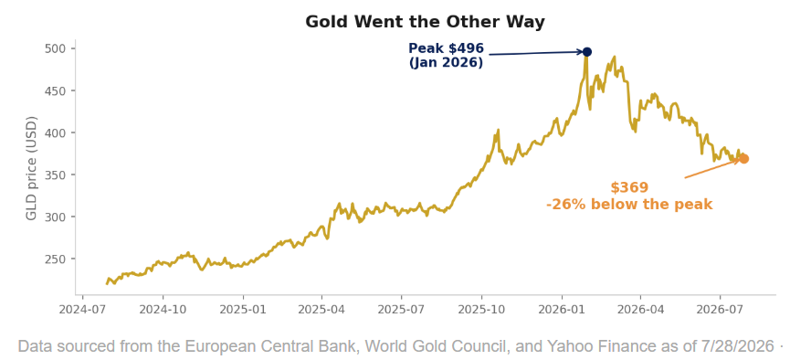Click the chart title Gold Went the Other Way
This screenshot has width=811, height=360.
pyautogui.click(x=425, y=22)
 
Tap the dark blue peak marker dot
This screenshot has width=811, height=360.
pyautogui.click(x=587, y=52)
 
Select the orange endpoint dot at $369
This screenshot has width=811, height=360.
pyautogui.click(x=743, y=159)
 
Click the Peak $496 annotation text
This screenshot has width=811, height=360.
pyautogui.click(x=446, y=48)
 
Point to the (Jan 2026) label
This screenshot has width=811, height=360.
pyautogui.click(x=446, y=63)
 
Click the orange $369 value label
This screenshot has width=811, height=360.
pyautogui.click(x=629, y=187)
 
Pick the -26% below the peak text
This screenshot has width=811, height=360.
pyautogui.click(x=629, y=205)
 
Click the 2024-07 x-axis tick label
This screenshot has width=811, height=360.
pyautogui.click(x=83, y=310)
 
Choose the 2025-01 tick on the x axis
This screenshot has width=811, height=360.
pyautogui.click(x=243, y=310)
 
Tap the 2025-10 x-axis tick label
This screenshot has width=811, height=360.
pyautogui.click(x=481, y=310)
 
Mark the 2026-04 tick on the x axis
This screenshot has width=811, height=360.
pyautogui.click(x=640, y=310)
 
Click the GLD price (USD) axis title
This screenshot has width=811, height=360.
pyautogui.click(x=32, y=168)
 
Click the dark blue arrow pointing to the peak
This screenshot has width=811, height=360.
pyautogui.click(x=536, y=53)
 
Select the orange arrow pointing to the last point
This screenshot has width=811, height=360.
pyautogui.click(x=712, y=169)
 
